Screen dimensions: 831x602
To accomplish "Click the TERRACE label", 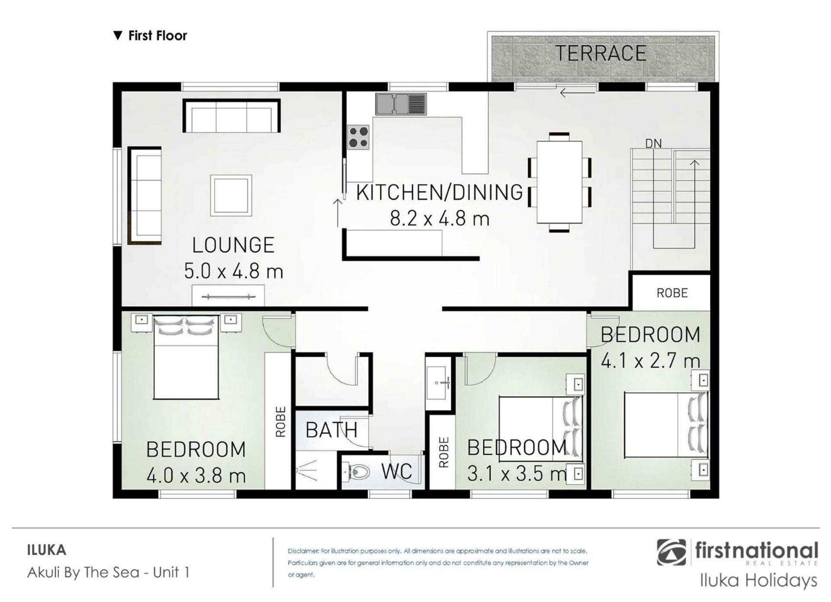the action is [600, 54].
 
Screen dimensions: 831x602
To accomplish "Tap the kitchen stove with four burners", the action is [358, 137].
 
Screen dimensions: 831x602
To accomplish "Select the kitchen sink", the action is [401, 104].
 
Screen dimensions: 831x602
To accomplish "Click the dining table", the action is [559, 182].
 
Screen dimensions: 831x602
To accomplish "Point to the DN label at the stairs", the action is [653, 143].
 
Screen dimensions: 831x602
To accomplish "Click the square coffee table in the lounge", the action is [231, 195].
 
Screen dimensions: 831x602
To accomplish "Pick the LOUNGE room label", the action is [233, 245].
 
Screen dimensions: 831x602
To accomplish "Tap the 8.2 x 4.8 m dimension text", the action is [439, 218].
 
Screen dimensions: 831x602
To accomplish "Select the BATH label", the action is [332, 430].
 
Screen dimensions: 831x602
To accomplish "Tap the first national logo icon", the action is [671, 552].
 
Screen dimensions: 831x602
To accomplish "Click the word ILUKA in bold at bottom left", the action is [47, 550].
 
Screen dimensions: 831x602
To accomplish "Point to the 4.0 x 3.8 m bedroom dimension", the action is [196, 476].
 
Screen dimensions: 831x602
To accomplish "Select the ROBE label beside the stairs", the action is [672, 293].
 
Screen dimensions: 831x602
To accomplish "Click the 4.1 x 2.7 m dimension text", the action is [650, 361].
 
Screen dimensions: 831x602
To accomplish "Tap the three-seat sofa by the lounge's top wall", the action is [232, 116].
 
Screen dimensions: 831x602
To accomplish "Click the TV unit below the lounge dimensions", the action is [228, 295].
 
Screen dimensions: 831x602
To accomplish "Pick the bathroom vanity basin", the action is [438, 383].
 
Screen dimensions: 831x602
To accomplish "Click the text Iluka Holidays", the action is [759, 580].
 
